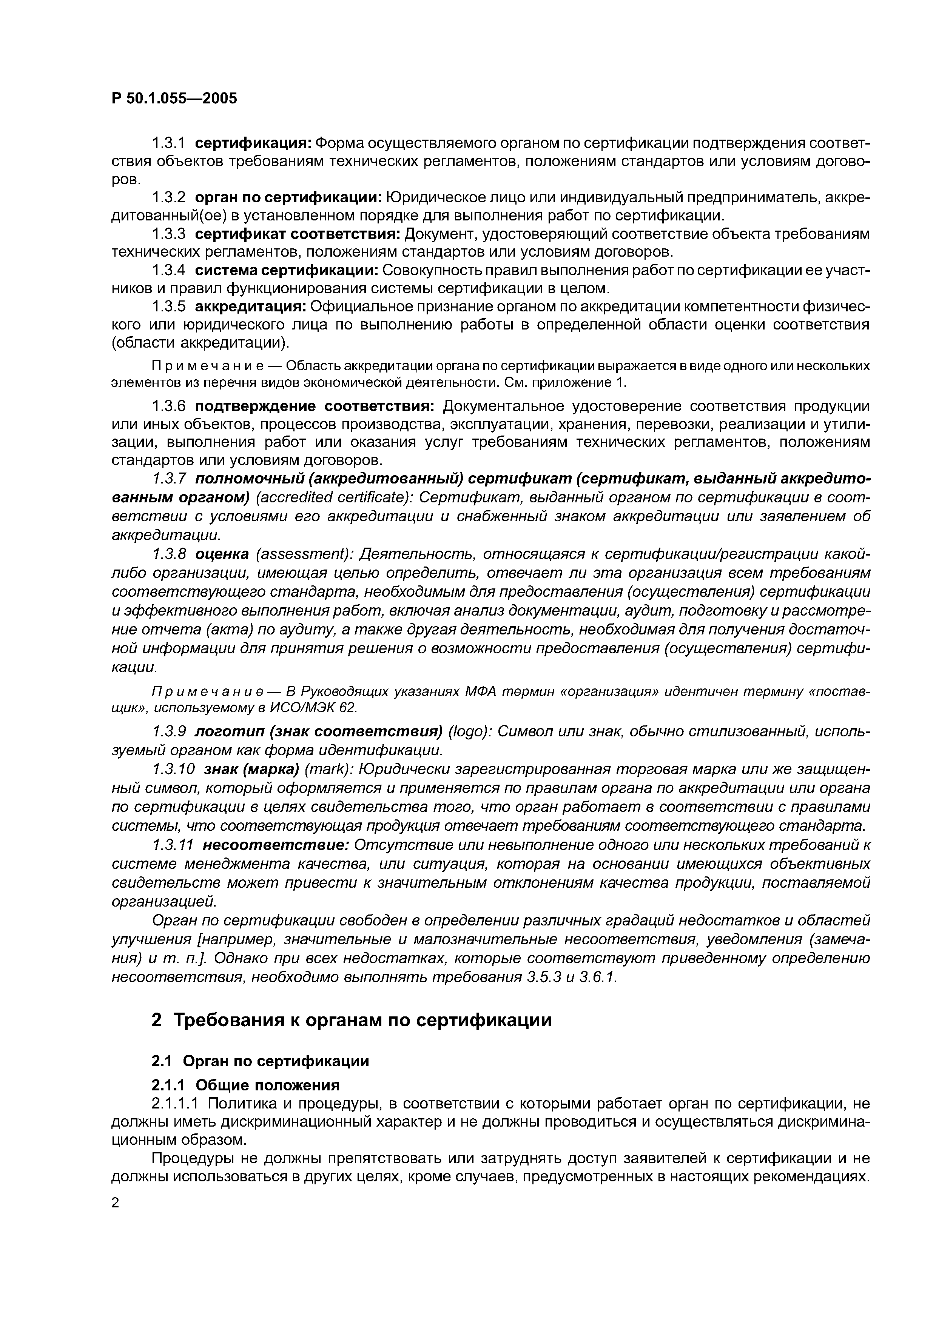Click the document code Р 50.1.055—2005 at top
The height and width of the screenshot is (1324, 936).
174,99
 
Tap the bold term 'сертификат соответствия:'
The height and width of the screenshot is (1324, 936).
297,234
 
